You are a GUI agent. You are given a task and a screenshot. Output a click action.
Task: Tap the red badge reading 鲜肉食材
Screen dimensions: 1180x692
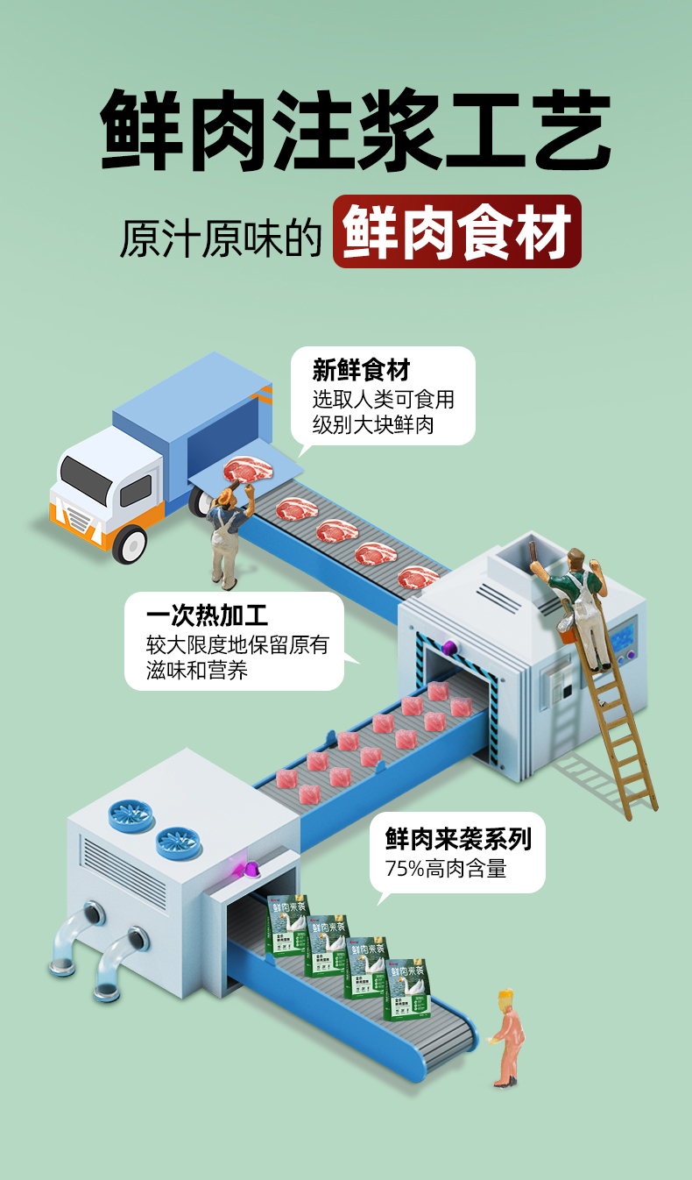click(x=456, y=231)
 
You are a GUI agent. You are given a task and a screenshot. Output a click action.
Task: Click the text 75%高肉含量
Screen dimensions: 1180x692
click(x=446, y=870)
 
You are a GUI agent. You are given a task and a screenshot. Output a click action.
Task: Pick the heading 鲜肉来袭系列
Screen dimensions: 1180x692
click(x=458, y=840)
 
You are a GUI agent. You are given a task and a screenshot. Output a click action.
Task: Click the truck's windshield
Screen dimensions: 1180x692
click(x=86, y=479)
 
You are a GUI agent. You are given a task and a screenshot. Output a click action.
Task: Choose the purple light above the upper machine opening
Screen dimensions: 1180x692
click(x=450, y=648)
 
